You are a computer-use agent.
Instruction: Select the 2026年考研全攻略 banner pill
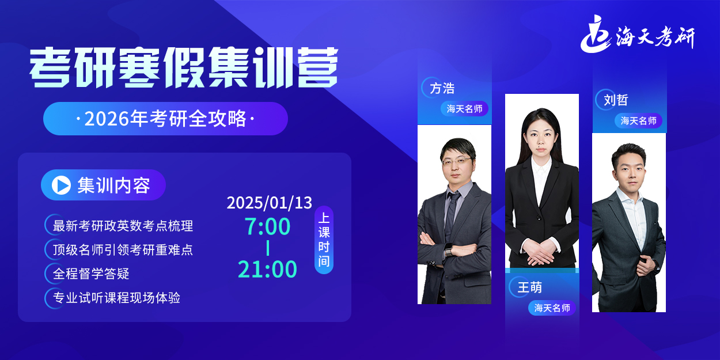[165, 119]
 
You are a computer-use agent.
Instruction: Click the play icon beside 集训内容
[61, 185]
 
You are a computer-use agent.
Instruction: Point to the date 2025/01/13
[269, 203]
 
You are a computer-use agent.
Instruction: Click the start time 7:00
[267, 227]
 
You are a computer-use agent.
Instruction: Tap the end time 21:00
[267, 269]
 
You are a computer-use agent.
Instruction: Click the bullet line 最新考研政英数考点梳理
[123, 226]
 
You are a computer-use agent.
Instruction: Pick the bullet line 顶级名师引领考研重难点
[123, 249]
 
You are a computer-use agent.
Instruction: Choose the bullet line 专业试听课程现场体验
[116, 298]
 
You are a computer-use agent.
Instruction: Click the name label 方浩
[442, 88]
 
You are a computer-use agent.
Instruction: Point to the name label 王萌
[529, 287]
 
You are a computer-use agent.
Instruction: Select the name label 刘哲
[616, 100]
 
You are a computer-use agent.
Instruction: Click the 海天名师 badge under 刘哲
[639, 121]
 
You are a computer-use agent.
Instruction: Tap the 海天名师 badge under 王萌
[552, 308]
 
